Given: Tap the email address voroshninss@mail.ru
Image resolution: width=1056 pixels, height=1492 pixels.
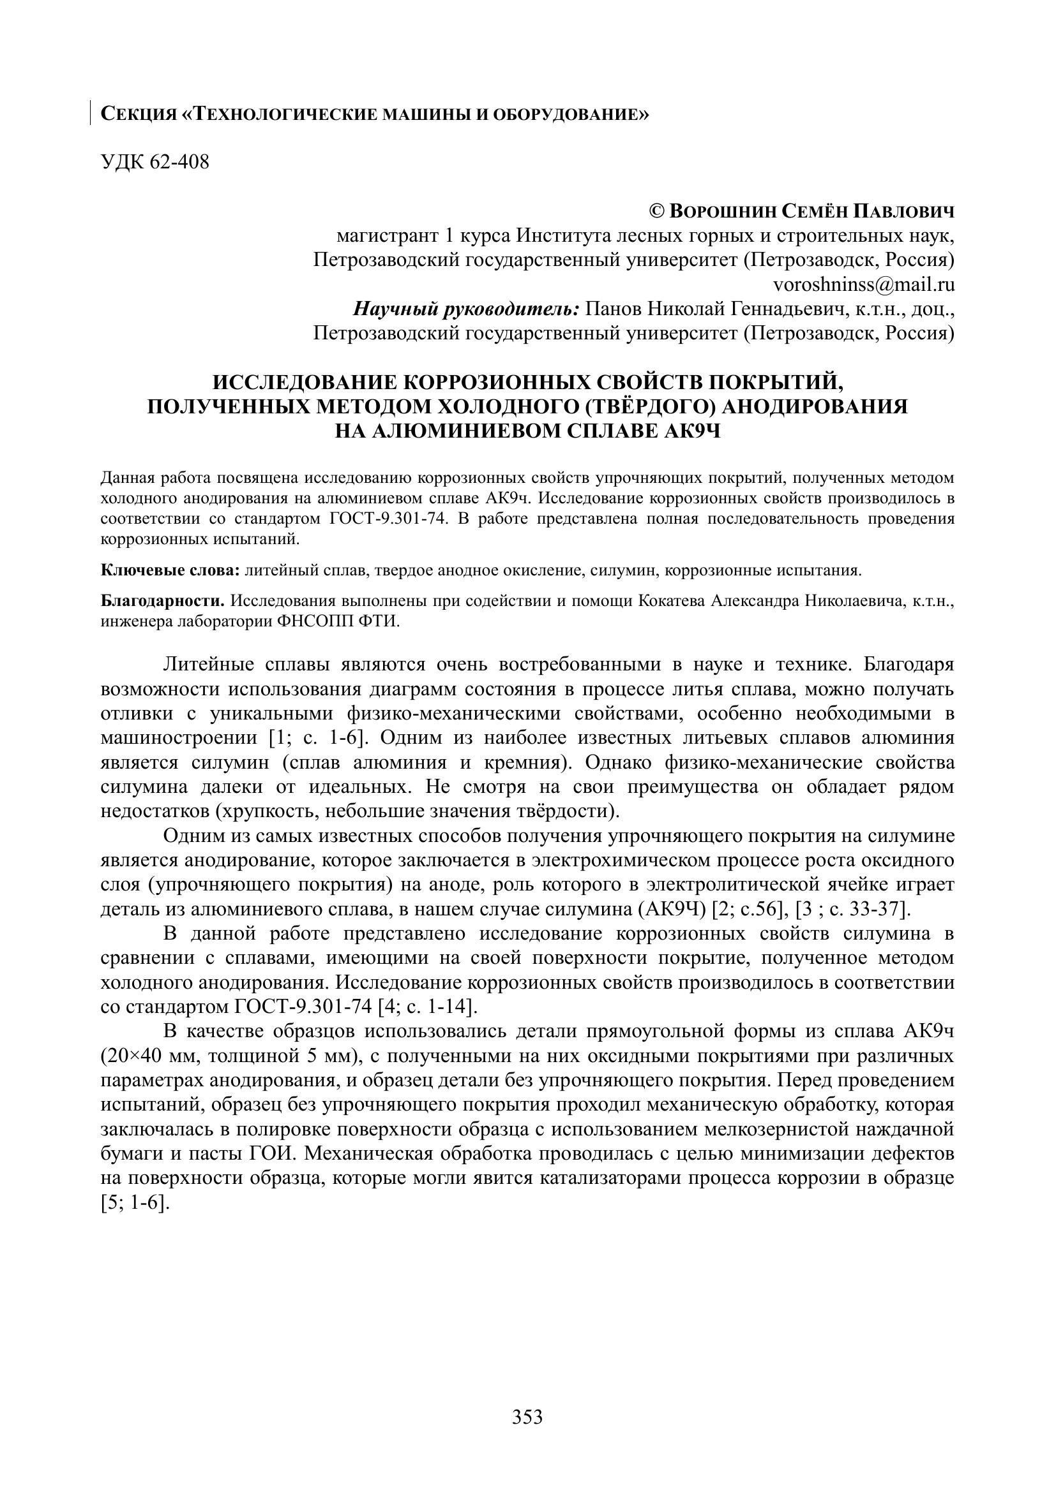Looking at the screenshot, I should click(864, 284).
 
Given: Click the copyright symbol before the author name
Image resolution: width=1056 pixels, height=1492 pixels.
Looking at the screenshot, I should click(657, 212).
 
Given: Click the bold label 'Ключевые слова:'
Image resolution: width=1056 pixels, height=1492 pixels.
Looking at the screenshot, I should click(170, 570).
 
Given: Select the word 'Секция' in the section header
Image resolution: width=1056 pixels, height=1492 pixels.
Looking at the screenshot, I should click(139, 115).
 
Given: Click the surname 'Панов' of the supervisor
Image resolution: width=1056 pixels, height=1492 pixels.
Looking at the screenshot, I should click(614, 309).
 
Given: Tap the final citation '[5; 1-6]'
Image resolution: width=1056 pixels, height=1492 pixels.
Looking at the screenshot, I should click(135, 1202).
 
